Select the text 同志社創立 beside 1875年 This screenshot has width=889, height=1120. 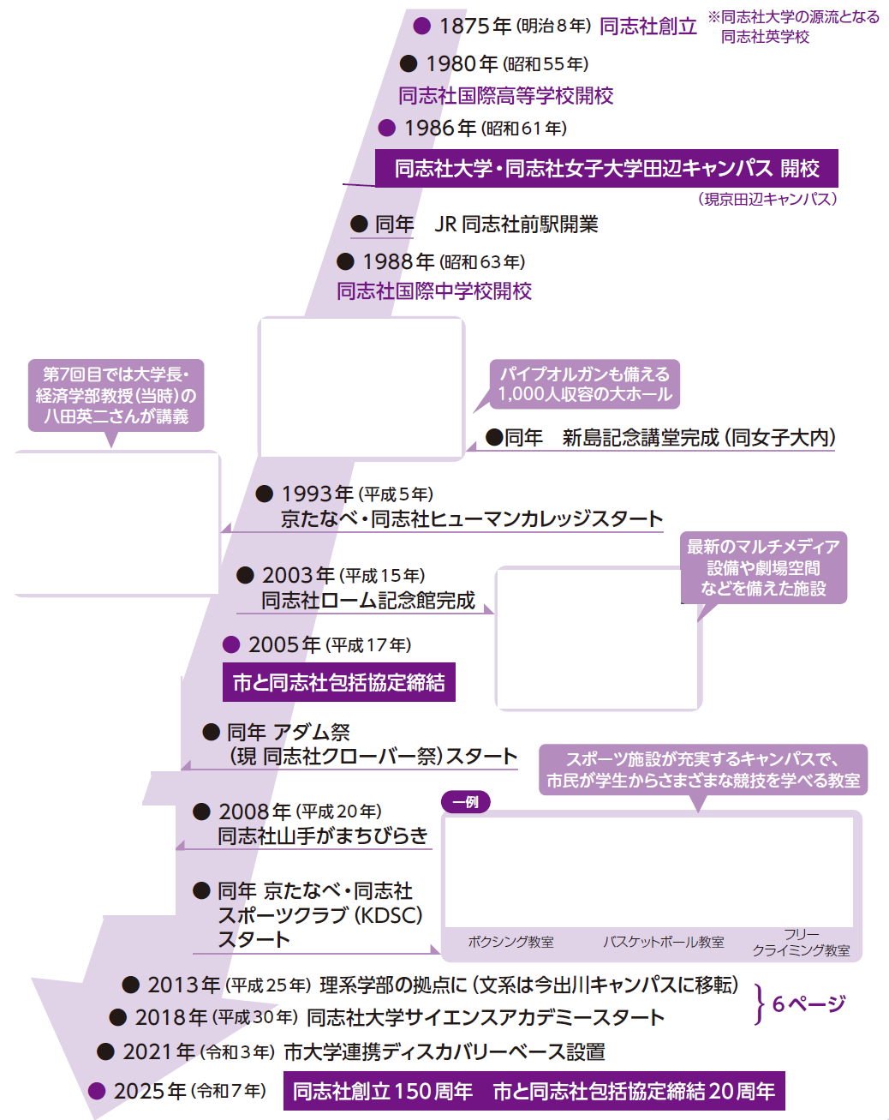pyautogui.click(x=648, y=27)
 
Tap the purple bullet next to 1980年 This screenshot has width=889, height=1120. pyautogui.click(x=409, y=63)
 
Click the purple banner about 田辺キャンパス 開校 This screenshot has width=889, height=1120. pyautogui.click(x=606, y=169)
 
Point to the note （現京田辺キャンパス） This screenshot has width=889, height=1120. pyautogui.click(x=768, y=199)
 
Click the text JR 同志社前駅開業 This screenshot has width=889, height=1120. pyautogui.click(x=516, y=225)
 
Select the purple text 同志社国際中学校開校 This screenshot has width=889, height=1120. pyautogui.click(x=434, y=291)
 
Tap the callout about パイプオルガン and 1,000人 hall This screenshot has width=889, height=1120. pyautogui.click(x=585, y=384)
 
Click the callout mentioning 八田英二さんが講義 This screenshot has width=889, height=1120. pyautogui.click(x=116, y=395)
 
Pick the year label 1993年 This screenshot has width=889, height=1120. pyautogui.click(x=317, y=494)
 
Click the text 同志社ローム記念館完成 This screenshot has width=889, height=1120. pyautogui.click(x=368, y=600)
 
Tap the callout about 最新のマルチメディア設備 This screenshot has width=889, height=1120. pyautogui.click(x=763, y=567)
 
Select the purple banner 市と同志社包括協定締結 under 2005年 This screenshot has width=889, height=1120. pyautogui.click(x=339, y=682)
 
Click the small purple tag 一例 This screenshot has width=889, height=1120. pyautogui.click(x=466, y=802)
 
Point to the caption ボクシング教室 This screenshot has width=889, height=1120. pyautogui.click(x=510, y=942)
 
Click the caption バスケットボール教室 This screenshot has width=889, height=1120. pyautogui.click(x=663, y=942)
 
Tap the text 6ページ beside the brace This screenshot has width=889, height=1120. pyautogui.click(x=808, y=1003)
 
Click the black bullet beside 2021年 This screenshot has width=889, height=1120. pyautogui.click(x=105, y=1051)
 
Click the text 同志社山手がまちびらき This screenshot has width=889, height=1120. pyautogui.click(x=323, y=836)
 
